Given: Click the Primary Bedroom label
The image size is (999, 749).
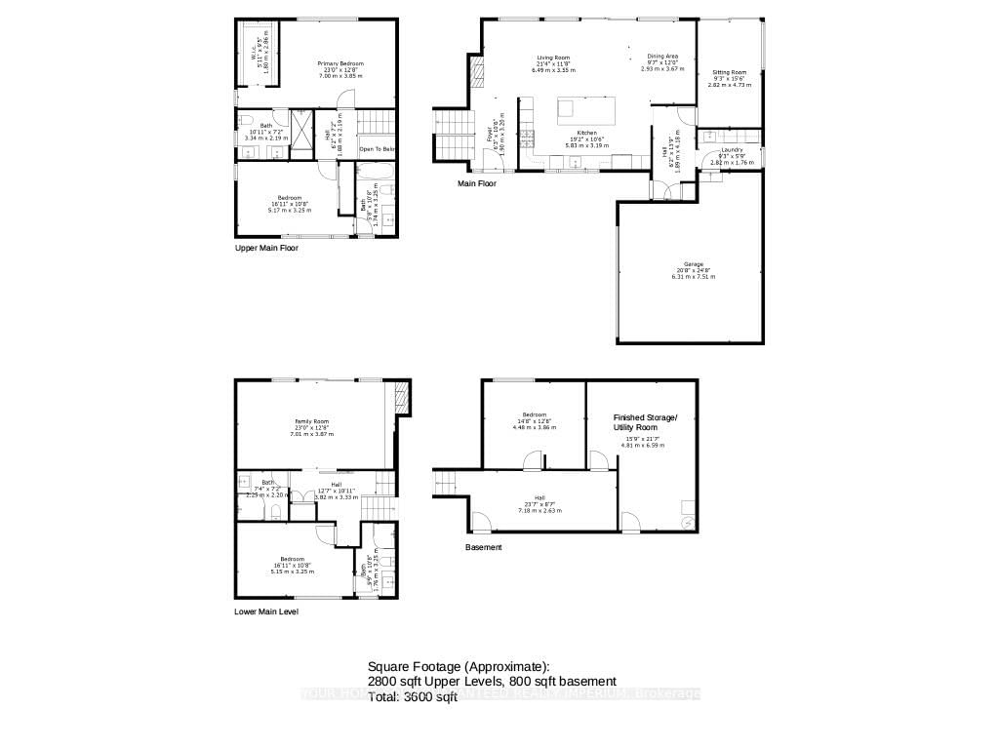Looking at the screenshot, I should point(340,64).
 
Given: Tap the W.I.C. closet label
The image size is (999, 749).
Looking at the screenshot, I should point(251,55).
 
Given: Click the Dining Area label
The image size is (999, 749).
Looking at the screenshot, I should point(662,57).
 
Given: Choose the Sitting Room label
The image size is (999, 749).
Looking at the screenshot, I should point(729,73).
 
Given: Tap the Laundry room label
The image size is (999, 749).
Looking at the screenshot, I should point(732,150).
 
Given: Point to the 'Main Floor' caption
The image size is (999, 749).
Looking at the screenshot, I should point(477,182).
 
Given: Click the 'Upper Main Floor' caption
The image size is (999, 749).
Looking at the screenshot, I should point(266,249).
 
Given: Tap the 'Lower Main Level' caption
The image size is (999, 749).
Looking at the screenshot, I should point(266,612).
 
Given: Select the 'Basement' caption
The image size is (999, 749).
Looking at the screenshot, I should point(483,548).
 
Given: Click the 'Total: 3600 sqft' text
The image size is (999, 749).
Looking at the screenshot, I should point(413,697).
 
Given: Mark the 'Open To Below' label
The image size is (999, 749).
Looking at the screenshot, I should point(378,149).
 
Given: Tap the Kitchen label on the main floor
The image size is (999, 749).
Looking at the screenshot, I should point(585,133).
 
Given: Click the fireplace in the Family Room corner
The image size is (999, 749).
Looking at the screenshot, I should point(400,397).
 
